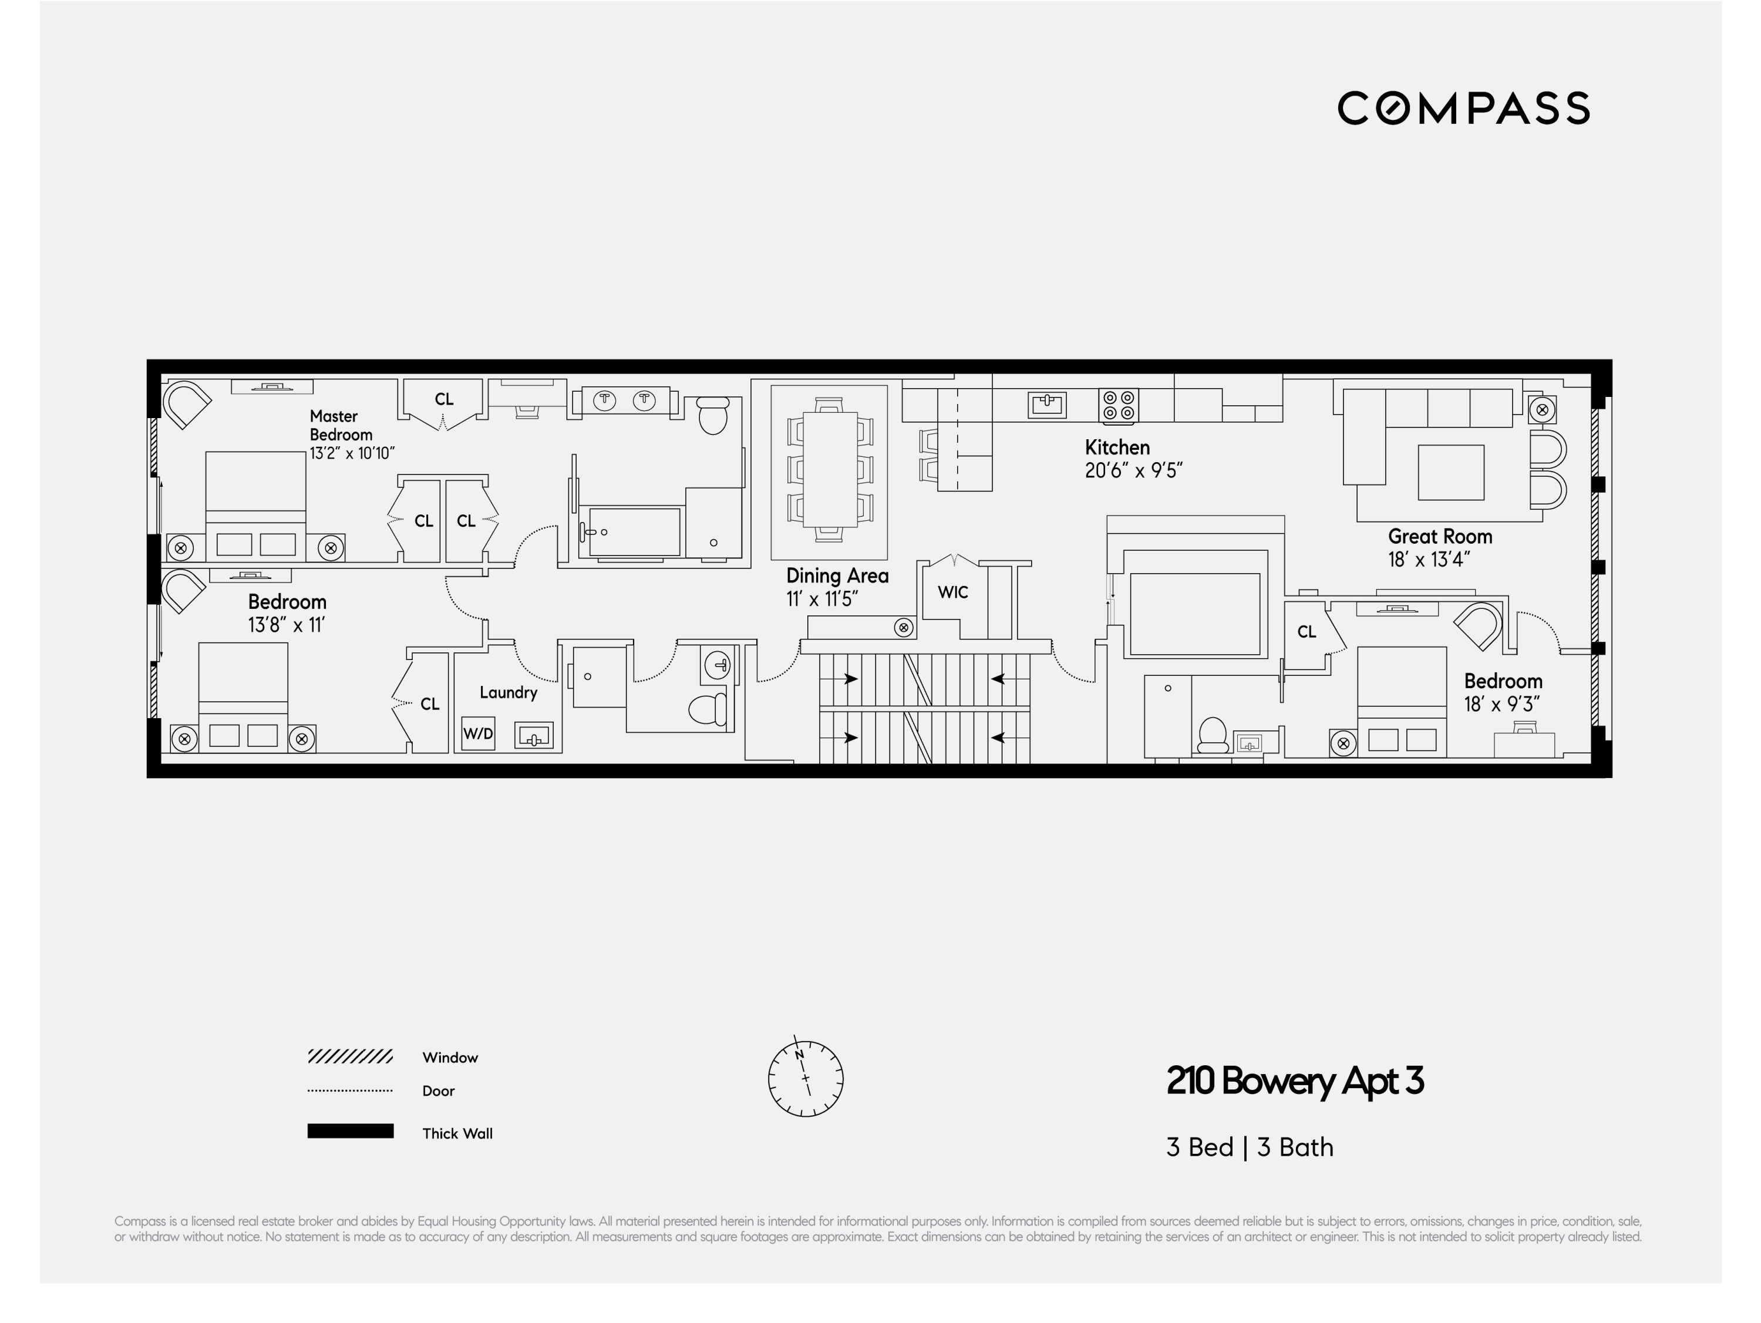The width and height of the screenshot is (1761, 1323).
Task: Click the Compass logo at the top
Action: tap(1463, 108)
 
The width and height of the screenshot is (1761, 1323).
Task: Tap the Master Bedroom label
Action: tap(341, 425)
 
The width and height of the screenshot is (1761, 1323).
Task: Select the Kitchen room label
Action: tap(1117, 447)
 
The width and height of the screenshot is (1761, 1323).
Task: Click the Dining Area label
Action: tap(837, 575)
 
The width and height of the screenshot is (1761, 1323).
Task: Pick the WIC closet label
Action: tap(953, 593)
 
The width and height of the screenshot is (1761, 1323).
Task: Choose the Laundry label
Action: tap(508, 692)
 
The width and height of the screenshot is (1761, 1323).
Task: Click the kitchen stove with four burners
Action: tap(1119, 405)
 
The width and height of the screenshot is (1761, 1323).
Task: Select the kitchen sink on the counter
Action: tap(1047, 405)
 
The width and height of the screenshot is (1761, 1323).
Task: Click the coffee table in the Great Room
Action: tap(1450, 472)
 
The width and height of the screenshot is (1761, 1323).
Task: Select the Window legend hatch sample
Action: tap(351, 1056)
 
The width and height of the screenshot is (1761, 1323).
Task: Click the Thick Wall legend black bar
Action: tap(351, 1131)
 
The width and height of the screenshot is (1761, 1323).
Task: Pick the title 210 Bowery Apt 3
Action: tap(1295, 1081)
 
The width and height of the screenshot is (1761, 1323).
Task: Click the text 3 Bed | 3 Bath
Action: tap(1249, 1147)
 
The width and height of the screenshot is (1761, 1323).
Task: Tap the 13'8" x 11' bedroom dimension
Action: tap(287, 625)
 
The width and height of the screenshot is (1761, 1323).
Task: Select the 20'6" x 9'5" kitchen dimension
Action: tap(1134, 470)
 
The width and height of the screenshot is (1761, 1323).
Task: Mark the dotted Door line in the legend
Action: tap(351, 1090)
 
